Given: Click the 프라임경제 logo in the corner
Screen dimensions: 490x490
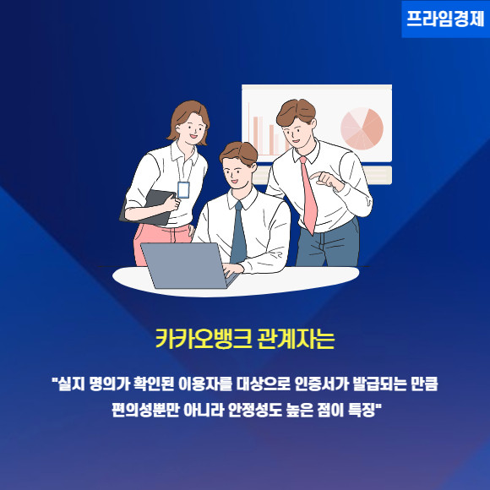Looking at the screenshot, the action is coord(445,19).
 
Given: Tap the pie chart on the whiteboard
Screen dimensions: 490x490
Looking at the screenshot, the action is coord(362,128).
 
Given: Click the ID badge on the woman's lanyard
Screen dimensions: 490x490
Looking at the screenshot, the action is coord(183,190).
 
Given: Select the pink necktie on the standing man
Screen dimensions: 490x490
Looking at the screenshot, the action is coord(308,195).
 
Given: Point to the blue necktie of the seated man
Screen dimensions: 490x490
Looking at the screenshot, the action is coord(238,233).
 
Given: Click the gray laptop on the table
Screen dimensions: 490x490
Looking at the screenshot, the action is coord(188,265).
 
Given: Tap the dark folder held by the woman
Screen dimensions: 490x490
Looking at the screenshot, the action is coord(147,208).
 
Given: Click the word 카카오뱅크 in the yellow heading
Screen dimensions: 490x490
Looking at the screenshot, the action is coord(204,339).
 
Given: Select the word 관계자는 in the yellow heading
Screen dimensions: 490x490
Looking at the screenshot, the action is coord(296,339).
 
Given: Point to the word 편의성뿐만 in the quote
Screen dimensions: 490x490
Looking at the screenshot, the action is coord(145,410).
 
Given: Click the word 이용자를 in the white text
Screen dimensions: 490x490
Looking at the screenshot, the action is coord(205,384).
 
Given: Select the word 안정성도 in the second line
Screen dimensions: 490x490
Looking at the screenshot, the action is coord(255,410).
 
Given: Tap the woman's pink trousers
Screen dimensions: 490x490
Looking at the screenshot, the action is coord(161,244).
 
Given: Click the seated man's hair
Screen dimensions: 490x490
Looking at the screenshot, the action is coord(239,153).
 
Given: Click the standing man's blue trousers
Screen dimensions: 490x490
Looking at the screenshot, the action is coord(328,243).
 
